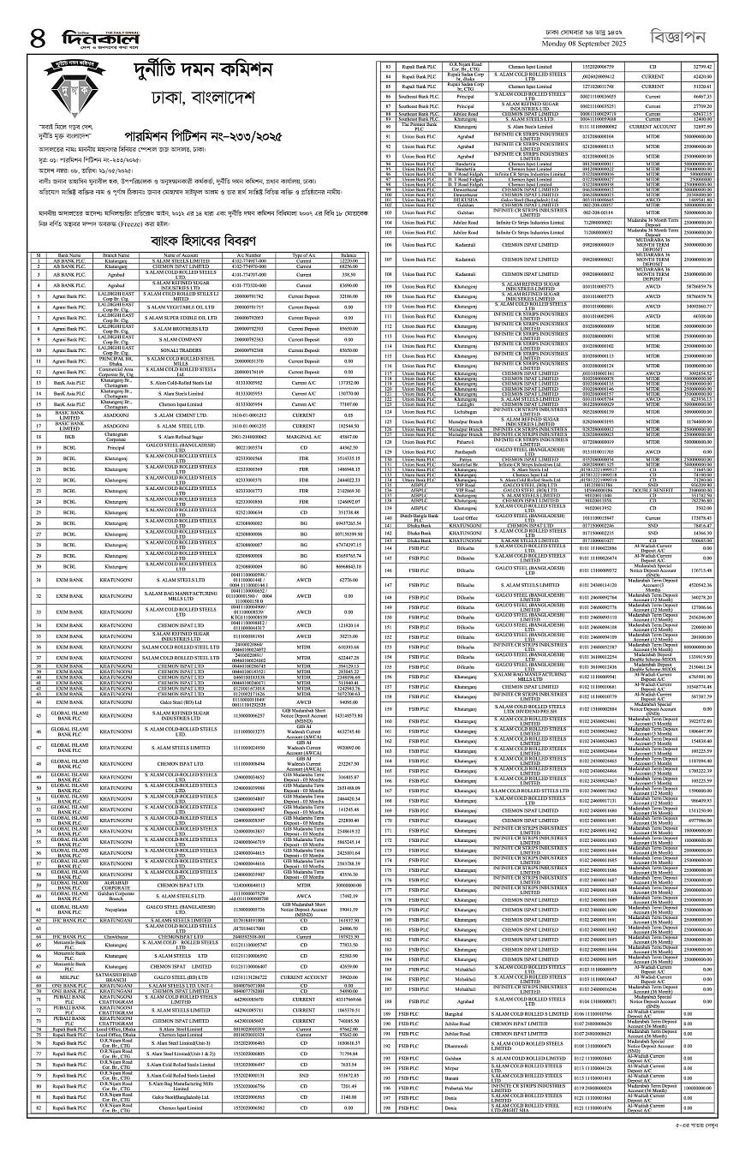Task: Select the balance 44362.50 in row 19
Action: (349, 447)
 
